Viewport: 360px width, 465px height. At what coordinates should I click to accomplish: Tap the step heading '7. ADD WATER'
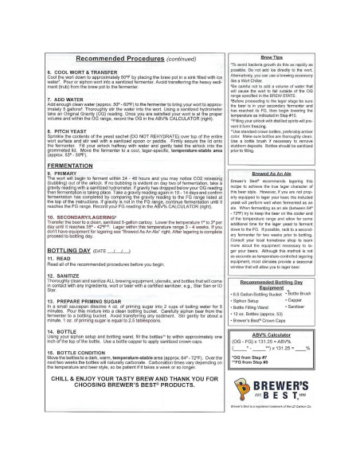coord(50,100)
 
